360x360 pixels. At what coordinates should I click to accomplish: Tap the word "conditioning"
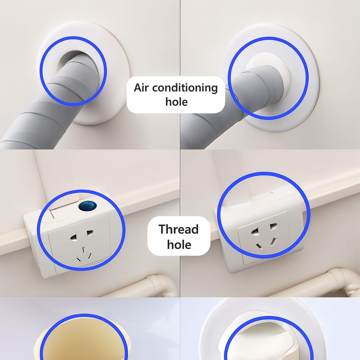coord(185,88)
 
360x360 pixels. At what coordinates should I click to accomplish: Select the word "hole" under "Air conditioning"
coord(176,102)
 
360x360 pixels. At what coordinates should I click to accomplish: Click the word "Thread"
coord(178,229)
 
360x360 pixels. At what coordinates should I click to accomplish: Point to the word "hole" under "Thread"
coord(179,244)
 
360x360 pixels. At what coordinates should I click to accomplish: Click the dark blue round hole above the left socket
coord(88,206)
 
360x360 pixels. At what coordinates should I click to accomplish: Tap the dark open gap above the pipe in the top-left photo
coord(69,57)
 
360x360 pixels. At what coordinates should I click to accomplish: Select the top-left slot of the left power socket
coord(74,237)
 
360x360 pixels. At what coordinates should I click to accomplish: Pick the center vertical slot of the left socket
coord(84,250)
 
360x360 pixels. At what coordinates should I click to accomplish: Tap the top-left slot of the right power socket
coord(255,232)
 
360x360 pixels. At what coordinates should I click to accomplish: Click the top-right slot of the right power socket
coord(274,226)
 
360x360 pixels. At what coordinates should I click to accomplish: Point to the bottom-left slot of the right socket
coord(258,246)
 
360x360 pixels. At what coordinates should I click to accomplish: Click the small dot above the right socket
coord(272,192)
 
